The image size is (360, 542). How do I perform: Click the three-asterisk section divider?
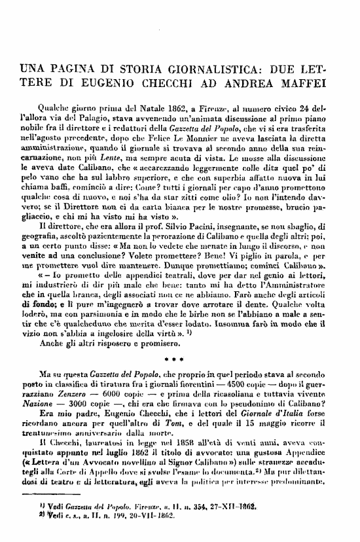[x=179, y=359]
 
